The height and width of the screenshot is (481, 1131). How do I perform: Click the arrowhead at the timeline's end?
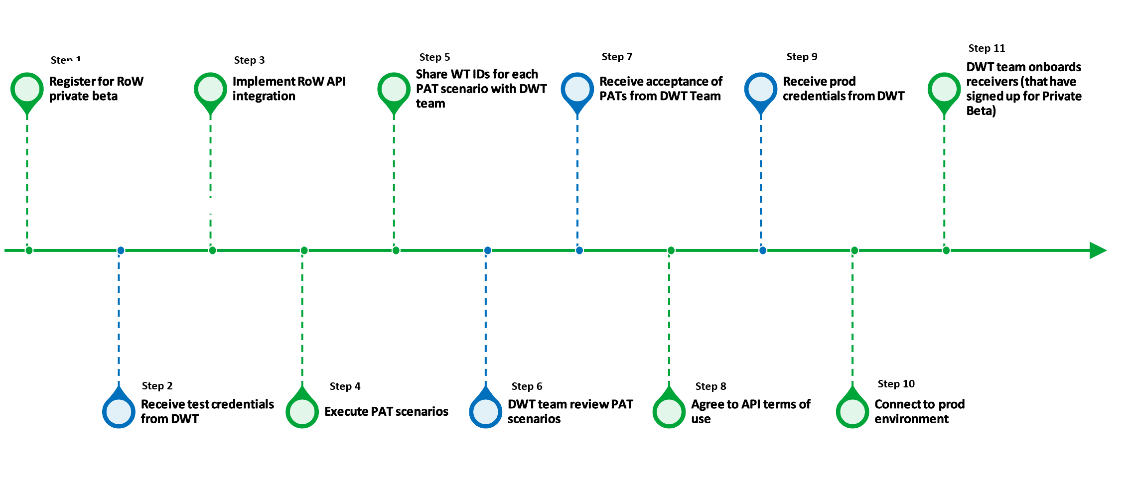tap(1097, 250)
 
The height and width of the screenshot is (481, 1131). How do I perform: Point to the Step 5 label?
tap(434, 57)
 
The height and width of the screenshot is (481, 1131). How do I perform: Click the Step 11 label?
tap(987, 48)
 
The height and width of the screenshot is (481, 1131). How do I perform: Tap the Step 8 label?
tap(710, 386)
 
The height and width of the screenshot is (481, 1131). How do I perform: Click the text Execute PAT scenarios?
tap(386, 411)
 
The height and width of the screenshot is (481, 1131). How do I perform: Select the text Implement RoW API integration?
tap(288, 89)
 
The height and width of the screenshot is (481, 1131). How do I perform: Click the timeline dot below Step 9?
tap(763, 250)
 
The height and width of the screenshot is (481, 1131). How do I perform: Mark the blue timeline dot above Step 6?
tap(488, 250)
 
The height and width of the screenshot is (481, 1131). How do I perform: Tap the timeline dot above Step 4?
tap(304, 250)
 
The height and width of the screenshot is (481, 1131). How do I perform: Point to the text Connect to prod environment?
tap(919, 411)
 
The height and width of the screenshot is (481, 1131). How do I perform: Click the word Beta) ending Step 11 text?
tap(981, 111)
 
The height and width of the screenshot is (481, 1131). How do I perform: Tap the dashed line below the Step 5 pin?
tap(394, 179)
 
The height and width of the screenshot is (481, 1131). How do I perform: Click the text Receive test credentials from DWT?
tap(207, 411)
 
